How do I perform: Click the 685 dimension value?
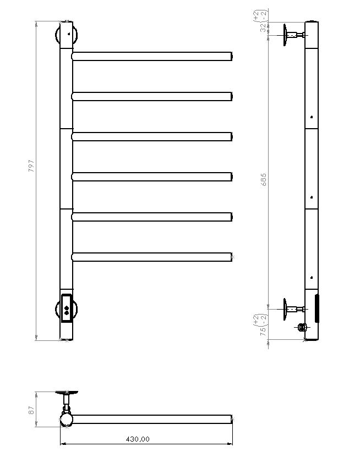click(x=263, y=179)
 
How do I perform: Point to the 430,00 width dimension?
click(x=137, y=439)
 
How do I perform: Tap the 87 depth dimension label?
click(x=31, y=410)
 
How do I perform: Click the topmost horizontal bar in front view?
click(x=151, y=56)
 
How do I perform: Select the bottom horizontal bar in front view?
click(x=151, y=256)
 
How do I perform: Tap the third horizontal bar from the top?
click(x=151, y=136)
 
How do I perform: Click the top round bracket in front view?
click(x=67, y=34)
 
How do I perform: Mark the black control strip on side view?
click(x=317, y=309)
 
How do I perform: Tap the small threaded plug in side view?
click(x=301, y=328)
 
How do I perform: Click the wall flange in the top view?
click(x=67, y=393)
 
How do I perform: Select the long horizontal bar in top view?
click(x=151, y=419)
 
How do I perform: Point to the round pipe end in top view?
click(x=66, y=421)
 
